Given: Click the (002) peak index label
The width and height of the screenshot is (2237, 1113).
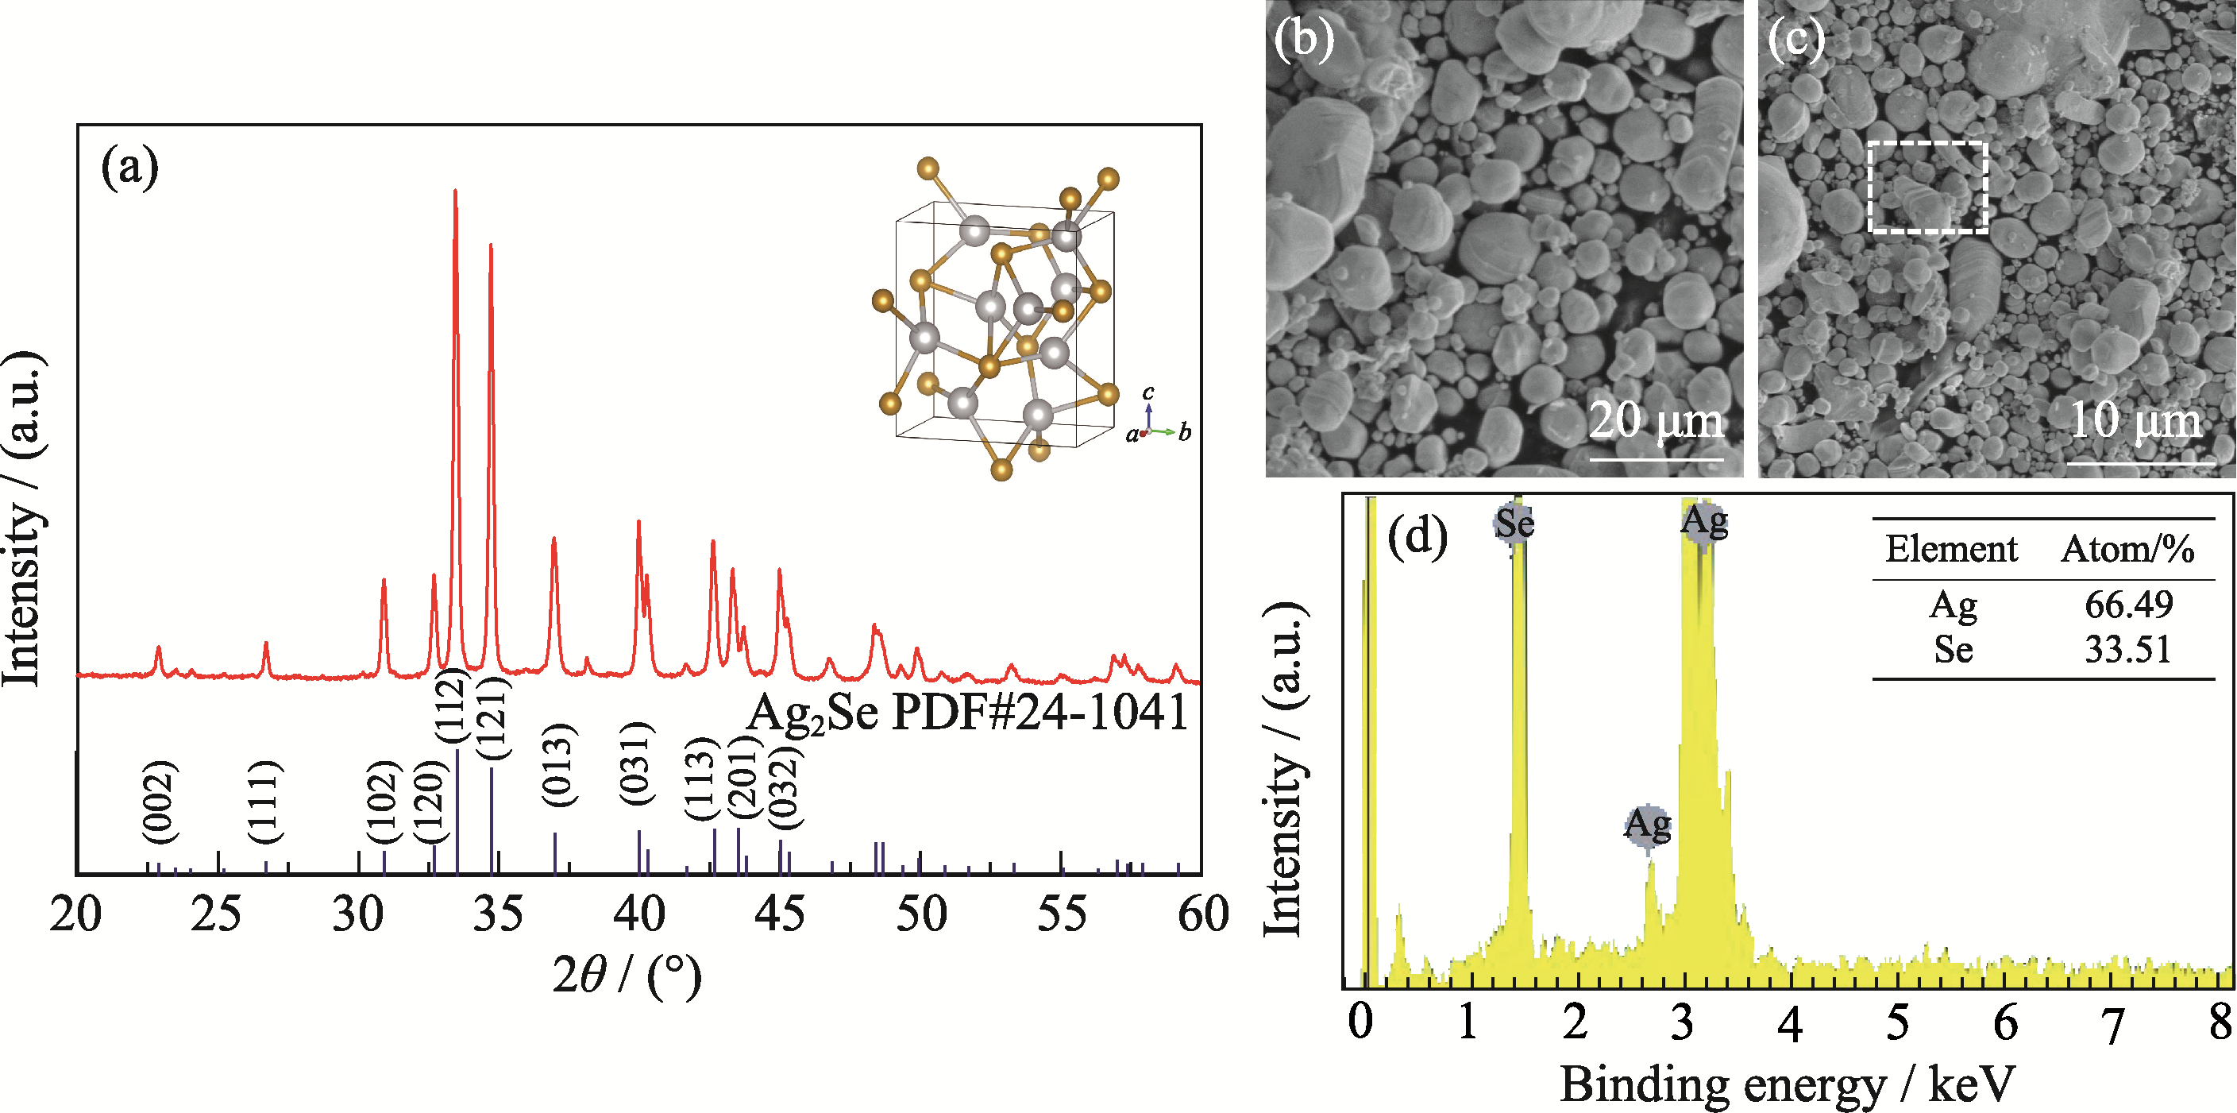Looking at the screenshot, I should pyautogui.click(x=160, y=801).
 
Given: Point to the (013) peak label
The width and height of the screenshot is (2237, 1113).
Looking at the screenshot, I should pyautogui.click(x=558, y=764).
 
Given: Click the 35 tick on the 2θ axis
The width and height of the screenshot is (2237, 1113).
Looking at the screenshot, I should pyautogui.click(x=499, y=915).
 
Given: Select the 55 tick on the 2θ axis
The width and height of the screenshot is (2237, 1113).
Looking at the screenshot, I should pyautogui.click(x=1061, y=915).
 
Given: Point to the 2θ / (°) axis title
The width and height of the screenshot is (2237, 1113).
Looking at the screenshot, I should pyautogui.click(x=627, y=976).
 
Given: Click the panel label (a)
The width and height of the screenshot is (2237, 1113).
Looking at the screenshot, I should pyautogui.click(x=130, y=167).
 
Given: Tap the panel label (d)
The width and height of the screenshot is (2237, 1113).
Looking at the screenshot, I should pyautogui.click(x=1417, y=536).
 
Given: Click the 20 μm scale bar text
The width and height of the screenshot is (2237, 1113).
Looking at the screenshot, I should pyautogui.click(x=1656, y=420).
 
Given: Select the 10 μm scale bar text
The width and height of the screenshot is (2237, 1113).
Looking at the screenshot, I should pyautogui.click(x=2136, y=420).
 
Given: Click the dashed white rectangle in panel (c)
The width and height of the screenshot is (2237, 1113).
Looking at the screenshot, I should pyautogui.click(x=1927, y=187).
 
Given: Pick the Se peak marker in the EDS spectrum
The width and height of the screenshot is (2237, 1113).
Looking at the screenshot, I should pyautogui.click(x=1514, y=523).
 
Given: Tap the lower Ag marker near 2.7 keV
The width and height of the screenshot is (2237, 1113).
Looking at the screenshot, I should pyautogui.click(x=1647, y=824).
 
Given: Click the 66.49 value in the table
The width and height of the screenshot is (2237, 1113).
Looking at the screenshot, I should pyautogui.click(x=2128, y=605).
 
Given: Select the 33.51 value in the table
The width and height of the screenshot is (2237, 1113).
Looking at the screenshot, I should pyautogui.click(x=2127, y=650).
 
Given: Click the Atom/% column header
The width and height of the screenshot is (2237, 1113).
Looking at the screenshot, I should pyautogui.click(x=2127, y=549).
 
